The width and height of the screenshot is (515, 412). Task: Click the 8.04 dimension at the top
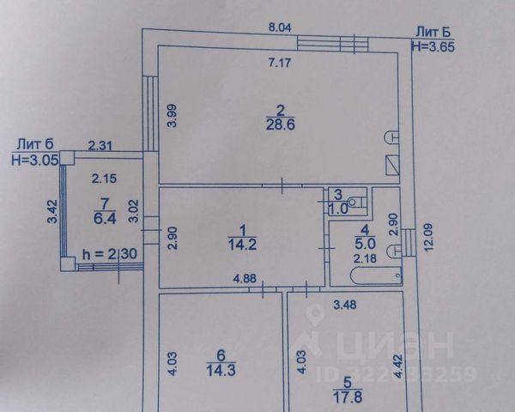tap(280, 28)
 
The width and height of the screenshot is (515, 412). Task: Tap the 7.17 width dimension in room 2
tap(279, 62)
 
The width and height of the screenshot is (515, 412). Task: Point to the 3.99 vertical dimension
tap(171, 115)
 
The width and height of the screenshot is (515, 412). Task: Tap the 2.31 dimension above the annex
tap(100, 146)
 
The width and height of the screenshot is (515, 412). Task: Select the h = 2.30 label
tap(109, 255)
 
